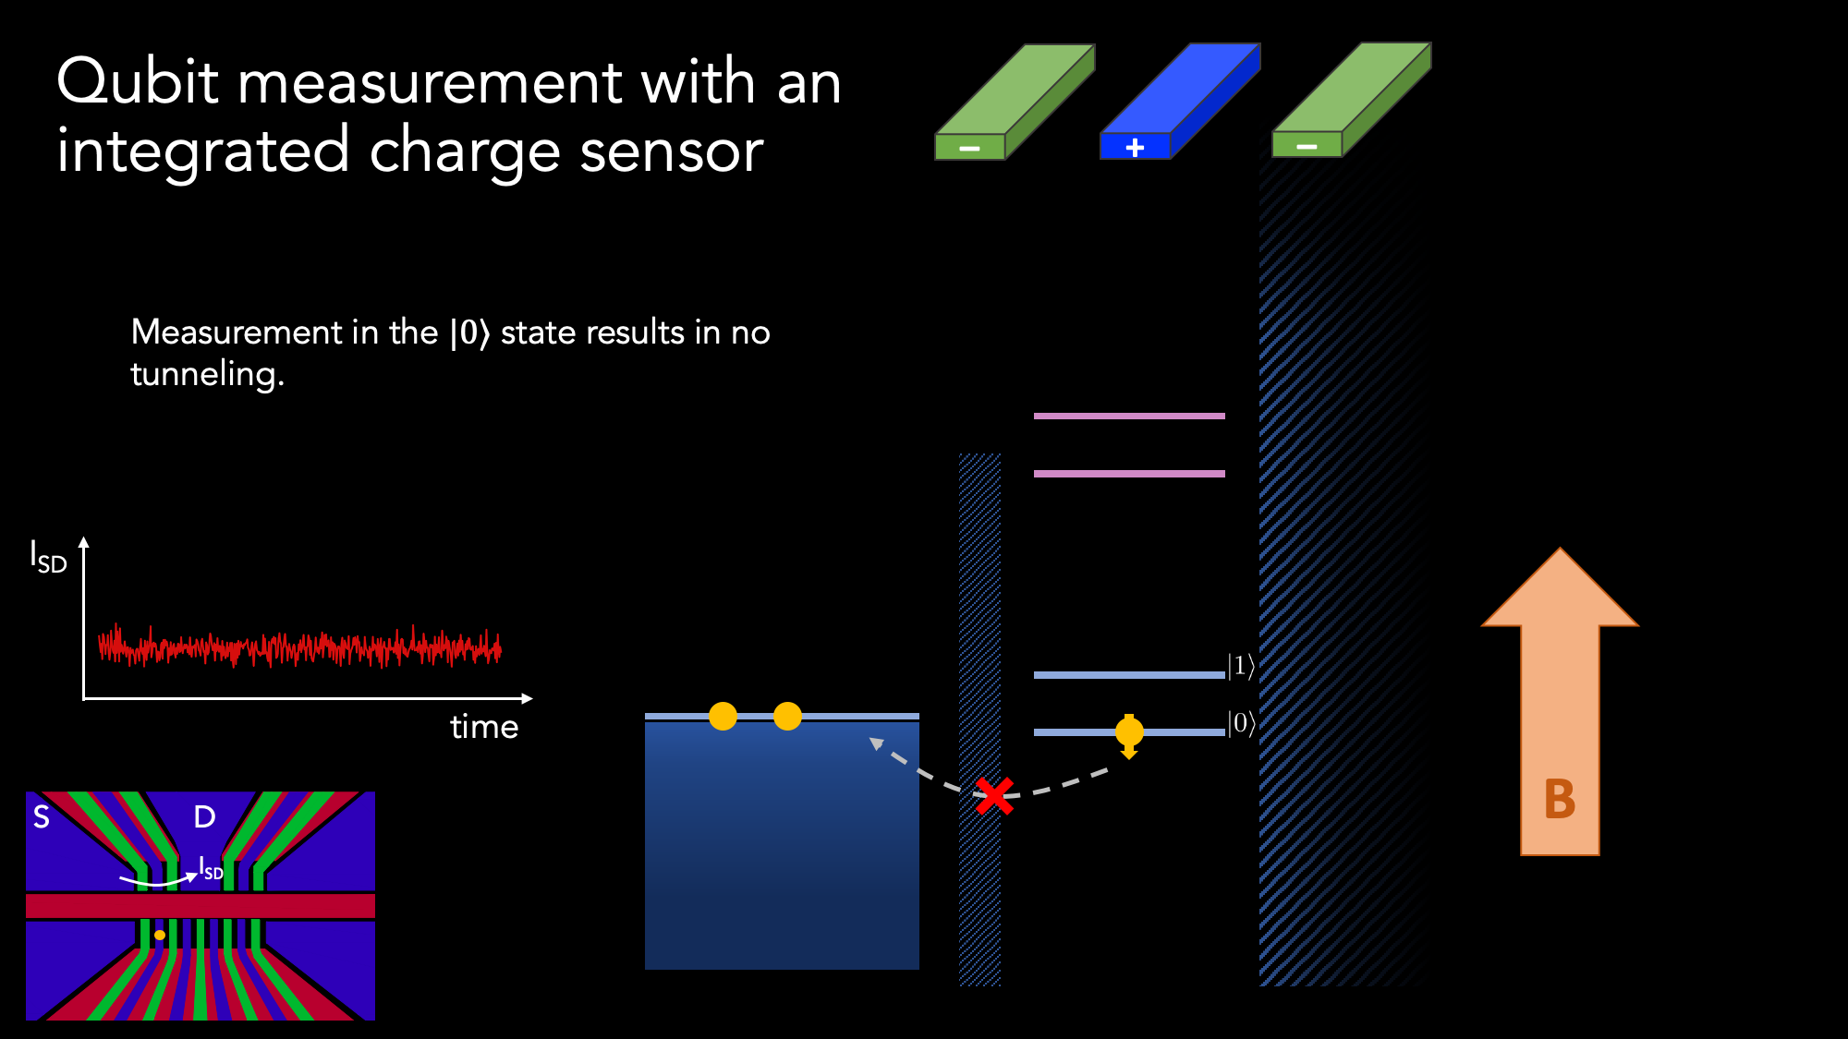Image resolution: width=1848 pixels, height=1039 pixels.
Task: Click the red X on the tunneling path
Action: pyautogui.click(x=995, y=795)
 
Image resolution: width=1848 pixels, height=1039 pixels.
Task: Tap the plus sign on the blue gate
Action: pyautogui.click(x=1135, y=147)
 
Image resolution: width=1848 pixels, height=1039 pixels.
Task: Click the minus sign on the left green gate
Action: pyautogui.click(x=969, y=148)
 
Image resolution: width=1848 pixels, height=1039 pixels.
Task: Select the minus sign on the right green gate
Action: pyautogui.click(x=1307, y=146)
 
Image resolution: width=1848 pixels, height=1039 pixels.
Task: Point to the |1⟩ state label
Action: pyautogui.click(x=1241, y=666)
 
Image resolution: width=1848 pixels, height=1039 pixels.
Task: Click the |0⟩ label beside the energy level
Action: pyautogui.click(x=1241, y=723)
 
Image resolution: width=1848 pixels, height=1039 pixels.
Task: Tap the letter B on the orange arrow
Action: pyautogui.click(x=1560, y=799)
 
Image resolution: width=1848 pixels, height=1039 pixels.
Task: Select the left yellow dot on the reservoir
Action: pyautogui.click(x=723, y=716)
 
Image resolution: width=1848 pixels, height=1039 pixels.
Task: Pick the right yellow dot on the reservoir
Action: pyautogui.click(x=787, y=716)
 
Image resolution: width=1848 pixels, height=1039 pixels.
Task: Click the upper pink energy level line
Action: pyautogui.click(x=1129, y=416)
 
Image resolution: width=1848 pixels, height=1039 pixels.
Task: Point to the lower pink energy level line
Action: pyautogui.click(x=1129, y=474)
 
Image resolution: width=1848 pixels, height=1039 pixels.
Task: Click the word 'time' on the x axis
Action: pyautogui.click(x=484, y=727)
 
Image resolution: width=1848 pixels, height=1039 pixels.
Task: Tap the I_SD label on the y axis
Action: pyautogui.click(x=49, y=557)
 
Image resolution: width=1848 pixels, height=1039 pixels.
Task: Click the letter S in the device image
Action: pyautogui.click(x=42, y=816)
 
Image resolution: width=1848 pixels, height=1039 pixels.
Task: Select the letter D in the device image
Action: pyautogui.click(x=204, y=816)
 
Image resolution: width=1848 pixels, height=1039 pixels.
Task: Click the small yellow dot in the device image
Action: pyautogui.click(x=160, y=935)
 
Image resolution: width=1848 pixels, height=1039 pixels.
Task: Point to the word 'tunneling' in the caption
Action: pyautogui.click(x=207, y=375)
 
